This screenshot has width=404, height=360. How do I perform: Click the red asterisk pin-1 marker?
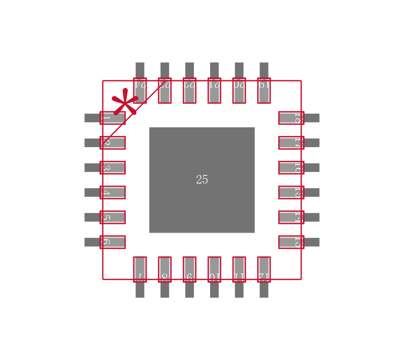pos(125,103)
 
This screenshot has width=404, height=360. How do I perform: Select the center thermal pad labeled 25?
pos(201,152)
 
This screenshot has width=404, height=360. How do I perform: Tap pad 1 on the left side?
pos(112,118)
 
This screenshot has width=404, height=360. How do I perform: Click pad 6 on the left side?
pos(112,242)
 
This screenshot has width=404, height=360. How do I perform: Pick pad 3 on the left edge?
pos(112,167)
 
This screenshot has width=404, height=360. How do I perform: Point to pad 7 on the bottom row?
pos(140,269)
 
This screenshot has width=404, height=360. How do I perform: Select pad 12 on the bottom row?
pos(264,269)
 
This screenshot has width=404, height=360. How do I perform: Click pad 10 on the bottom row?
pos(214,269)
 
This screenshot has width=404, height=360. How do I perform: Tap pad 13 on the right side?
pos(291,242)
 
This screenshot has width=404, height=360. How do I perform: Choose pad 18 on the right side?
pos(291,118)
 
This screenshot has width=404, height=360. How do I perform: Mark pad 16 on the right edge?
pos(291,167)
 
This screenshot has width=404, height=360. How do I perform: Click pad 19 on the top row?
pos(264,90)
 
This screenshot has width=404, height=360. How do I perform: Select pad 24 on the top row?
pos(140,90)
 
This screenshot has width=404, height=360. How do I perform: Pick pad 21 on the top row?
pos(214,90)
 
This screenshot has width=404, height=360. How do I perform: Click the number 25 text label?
pos(201,180)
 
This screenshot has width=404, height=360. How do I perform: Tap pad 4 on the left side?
pos(112,192)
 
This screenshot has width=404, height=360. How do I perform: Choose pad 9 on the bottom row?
pos(189,269)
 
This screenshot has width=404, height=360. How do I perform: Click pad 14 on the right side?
pos(291,217)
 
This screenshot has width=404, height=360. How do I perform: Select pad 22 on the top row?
pos(189,90)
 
